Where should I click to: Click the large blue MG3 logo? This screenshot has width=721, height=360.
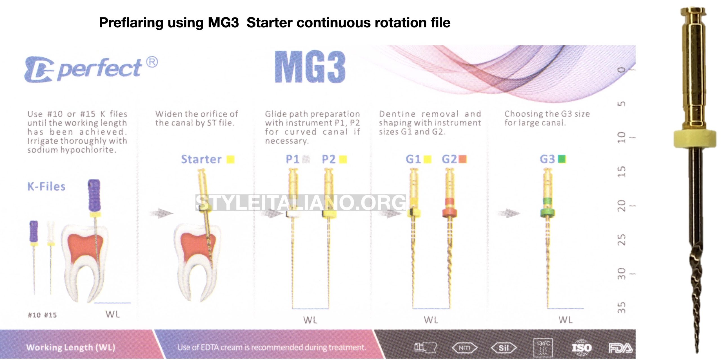(310, 67)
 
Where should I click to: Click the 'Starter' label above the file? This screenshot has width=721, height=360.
(201, 159)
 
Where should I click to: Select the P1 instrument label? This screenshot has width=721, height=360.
(292, 159)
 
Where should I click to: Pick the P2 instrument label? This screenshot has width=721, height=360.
(329, 159)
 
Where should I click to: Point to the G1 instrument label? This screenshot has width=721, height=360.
(413, 159)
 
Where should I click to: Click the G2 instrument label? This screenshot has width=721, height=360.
(449, 159)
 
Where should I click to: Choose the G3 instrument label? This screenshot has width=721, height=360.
(547, 159)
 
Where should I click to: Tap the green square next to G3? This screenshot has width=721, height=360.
(562, 159)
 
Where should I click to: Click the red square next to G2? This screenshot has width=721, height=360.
(463, 159)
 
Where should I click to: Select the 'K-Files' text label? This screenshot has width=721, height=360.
(46, 186)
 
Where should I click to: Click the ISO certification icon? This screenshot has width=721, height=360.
(582, 348)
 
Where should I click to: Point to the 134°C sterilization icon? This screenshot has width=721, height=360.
(543, 348)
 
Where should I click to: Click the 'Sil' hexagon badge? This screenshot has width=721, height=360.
(504, 348)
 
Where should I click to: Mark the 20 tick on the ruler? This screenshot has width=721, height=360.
(622, 206)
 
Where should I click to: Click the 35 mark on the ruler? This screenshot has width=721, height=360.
(622, 308)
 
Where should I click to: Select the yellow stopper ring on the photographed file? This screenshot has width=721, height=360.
(695, 139)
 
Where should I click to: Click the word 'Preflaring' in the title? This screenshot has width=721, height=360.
(131, 23)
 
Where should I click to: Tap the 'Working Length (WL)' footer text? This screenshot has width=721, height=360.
(71, 348)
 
